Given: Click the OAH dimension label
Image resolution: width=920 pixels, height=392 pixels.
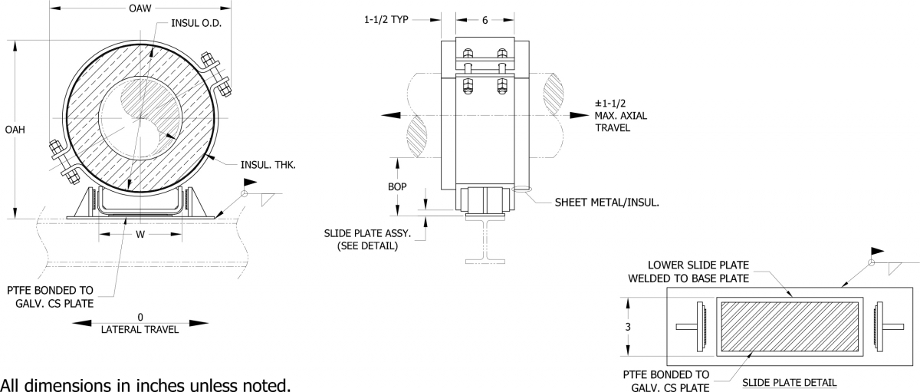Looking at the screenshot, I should [x=15, y=130].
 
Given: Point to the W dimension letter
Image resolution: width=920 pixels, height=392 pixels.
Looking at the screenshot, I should [x=140, y=234].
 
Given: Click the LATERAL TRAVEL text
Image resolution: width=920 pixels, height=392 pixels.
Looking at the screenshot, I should [x=140, y=330].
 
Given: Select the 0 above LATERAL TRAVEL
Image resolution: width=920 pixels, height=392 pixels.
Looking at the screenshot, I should [x=140, y=316].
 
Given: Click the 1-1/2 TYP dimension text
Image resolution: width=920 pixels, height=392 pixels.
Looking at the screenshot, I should [x=387, y=21].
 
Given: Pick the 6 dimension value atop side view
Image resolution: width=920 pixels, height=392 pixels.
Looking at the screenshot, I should [x=485, y=21].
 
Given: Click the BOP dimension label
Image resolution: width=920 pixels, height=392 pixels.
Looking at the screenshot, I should [x=398, y=186].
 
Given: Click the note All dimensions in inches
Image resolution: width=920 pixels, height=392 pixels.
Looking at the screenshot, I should [x=146, y=382].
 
